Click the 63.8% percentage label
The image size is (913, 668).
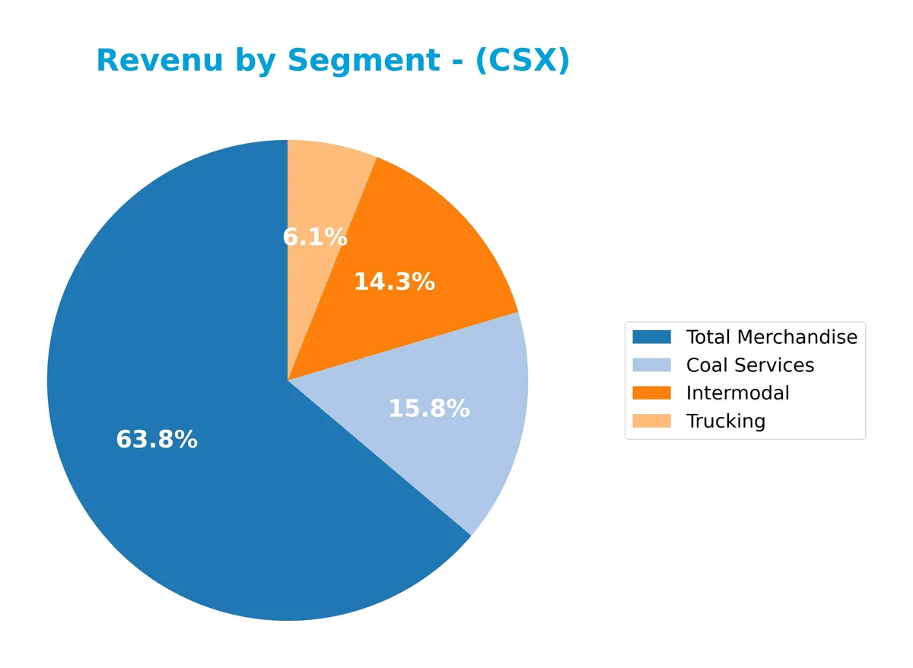click(x=157, y=440)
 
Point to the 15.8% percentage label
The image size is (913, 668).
click(x=429, y=409)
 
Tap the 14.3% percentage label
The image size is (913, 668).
click(x=394, y=282)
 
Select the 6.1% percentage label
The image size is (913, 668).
click(x=315, y=237)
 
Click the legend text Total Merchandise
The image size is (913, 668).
click(x=771, y=337)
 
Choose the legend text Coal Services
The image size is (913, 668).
click(x=749, y=365)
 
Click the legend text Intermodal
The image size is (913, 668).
click(x=737, y=393)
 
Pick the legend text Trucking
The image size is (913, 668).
click(x=725, y=421)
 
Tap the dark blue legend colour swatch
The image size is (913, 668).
click(x=651, y=337)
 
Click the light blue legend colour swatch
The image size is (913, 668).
click(x=651, y=365)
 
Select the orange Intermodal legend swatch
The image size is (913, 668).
click(x=651, y=393)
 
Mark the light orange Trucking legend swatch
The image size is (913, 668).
click(x=651, y=421)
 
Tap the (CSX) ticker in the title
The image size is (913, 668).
click(x=522, y=61)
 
